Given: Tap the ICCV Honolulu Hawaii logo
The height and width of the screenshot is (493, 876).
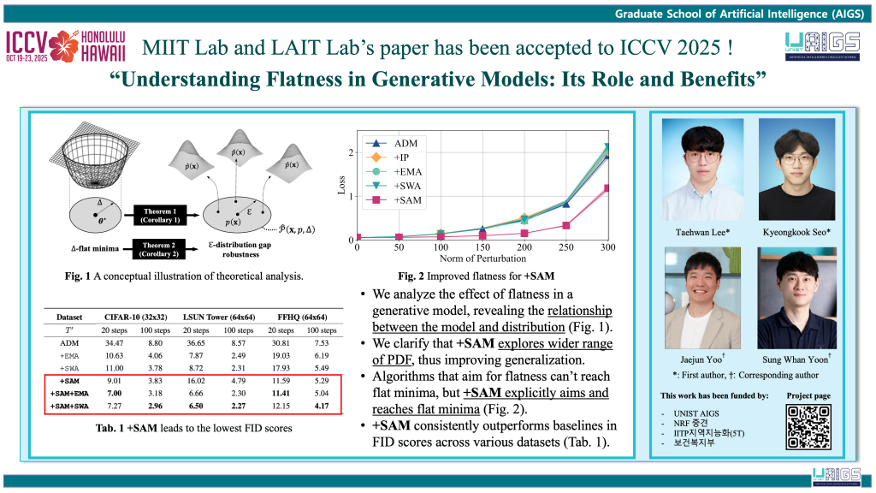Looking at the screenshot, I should (x=65, y=46).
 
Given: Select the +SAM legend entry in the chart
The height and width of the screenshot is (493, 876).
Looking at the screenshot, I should (x=401, y=199).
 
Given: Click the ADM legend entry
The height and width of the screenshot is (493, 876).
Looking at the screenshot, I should (x=398, y=143).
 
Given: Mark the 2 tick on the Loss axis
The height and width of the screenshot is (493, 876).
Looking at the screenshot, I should (x=350, y=153).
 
